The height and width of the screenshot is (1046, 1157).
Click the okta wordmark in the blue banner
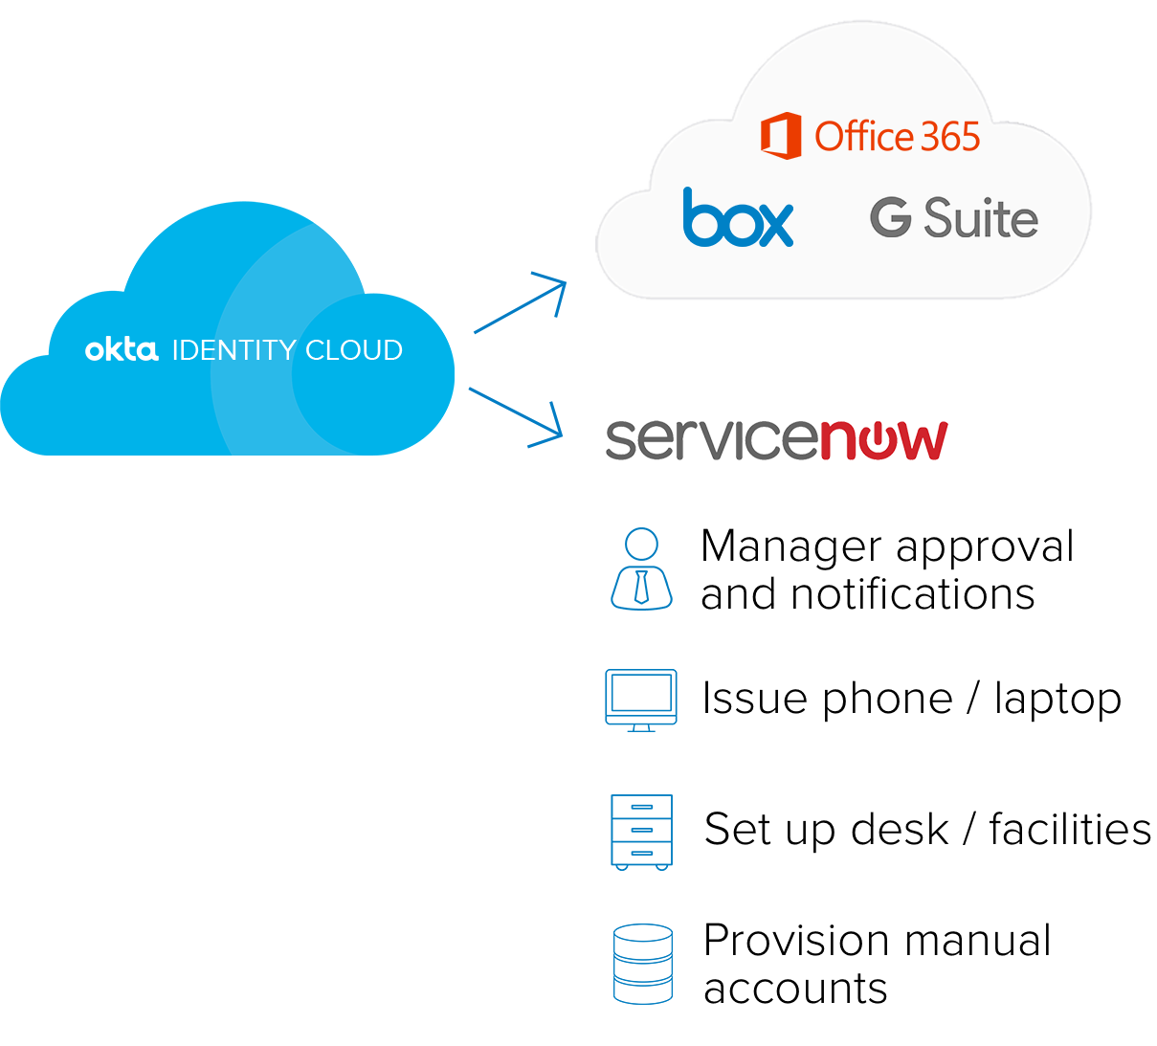coord(122,349)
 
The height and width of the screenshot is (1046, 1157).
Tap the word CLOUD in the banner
coord(354,350)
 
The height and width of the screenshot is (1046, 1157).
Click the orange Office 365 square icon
coord(781,136)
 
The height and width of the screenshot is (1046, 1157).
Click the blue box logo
coord(738,217)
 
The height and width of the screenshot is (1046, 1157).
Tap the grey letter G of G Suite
coord(890,218)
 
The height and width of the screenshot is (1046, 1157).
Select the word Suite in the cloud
coord(981,218)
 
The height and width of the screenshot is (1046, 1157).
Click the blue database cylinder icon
coord(643,963)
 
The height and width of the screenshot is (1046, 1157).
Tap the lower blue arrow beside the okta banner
coord(516,415)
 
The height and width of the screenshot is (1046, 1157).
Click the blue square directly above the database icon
coord(641,832)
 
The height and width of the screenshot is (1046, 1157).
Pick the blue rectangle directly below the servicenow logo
coord(641,568)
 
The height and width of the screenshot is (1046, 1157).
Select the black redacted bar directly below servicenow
coord(886,568)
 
